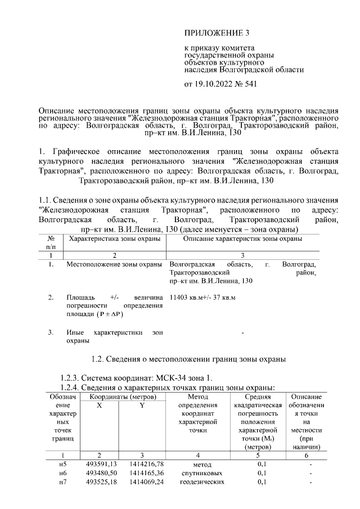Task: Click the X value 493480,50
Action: point(98,473)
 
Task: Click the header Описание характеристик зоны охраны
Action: point(242,238)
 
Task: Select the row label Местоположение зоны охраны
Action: point(114,264)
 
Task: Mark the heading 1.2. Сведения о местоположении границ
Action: point(189,358)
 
